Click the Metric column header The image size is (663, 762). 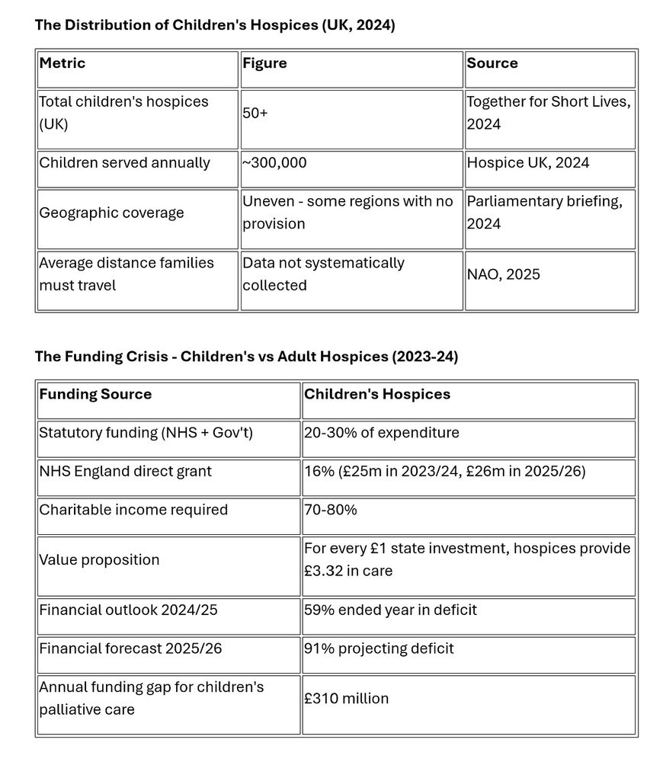click(x=62, y=63)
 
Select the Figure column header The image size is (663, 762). click(x=264, y=63)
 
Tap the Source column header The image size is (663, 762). click(x=492, y=63)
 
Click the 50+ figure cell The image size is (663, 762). click(x=255, y=113)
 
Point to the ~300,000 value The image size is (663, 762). click(x=274, y=162)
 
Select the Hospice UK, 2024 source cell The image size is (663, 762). click(x=527, y=162)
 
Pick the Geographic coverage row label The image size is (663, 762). click(x=111, y=213)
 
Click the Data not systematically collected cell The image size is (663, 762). click(x=323, y=274)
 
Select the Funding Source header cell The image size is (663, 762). click(x=95, y=394)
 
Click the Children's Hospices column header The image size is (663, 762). click(x=377, y=394)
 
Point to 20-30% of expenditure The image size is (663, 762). click(x=381, y=433)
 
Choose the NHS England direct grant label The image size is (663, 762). click(x=125, y=472)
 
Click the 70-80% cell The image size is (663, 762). click(x=330, y=510)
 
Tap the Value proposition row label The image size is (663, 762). click(x=99, y=560)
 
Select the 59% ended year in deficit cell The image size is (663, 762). click(x=390, y=610)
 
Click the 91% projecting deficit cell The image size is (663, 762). click(x=379, y=649)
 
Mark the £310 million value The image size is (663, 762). click(x=346, y=699)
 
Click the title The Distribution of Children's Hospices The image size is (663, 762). click(x=214, y=24)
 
